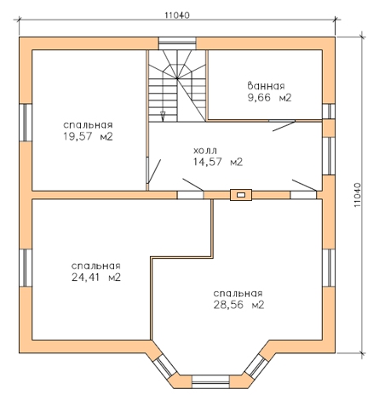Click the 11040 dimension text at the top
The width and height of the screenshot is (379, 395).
click(177, 15)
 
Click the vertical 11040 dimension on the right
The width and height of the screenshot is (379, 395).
click(358, 195)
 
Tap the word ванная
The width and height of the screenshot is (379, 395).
click(266, 86)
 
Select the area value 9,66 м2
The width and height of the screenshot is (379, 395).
click(269, 98)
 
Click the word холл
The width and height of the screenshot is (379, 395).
click(205, 150)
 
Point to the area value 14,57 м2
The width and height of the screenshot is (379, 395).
click(218, 162)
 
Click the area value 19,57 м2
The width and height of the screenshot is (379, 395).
click(88, 136)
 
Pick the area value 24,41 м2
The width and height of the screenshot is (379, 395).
click(96, 278)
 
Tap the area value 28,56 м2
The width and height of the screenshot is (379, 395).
click(238, 305)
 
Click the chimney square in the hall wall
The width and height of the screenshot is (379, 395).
click(241, 195)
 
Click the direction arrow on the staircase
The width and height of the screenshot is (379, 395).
click(163, 116)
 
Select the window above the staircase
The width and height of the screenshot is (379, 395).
click(177, 43)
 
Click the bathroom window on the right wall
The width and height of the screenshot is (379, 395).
click(329, 112)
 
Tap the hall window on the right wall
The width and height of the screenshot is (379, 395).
click(329, 156)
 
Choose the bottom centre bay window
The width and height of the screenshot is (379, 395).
click(210, 381)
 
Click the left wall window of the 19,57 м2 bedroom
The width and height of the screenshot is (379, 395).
click(26, 123)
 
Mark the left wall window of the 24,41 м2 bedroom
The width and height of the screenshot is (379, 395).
click(26, 268)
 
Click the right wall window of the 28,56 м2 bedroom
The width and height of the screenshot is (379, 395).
click(329, 268)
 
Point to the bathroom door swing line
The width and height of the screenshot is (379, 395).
click(284, 126)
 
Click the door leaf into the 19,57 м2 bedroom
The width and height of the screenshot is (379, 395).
click(154, 171)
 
